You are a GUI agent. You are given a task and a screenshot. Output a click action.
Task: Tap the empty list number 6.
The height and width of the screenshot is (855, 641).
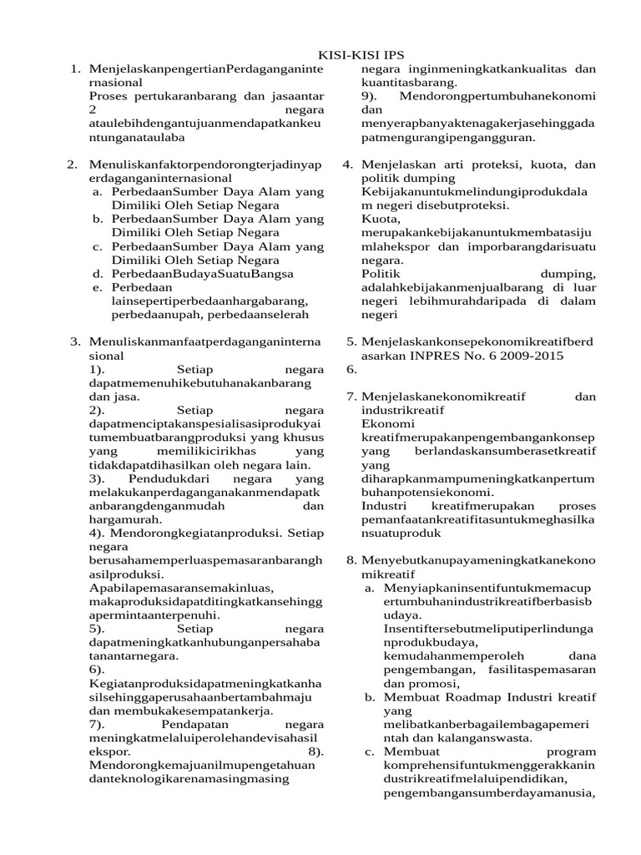point(351,369)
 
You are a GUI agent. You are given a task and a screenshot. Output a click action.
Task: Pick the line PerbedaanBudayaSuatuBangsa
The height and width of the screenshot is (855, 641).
point(194,272)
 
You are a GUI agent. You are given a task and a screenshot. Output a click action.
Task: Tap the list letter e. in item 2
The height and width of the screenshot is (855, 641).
point(98,286)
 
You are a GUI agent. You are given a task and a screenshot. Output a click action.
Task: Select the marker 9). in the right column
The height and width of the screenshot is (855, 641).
point(371,96)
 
